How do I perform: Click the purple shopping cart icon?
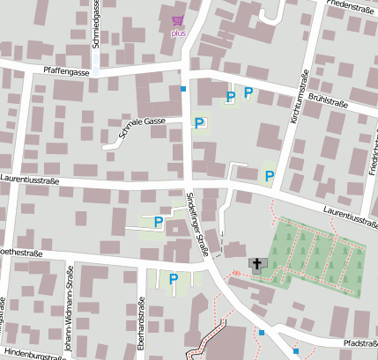[179, 20]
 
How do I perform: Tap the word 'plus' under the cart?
[179, 33]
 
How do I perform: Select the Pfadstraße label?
[359, 342]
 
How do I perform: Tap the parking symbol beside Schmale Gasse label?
[199, 124]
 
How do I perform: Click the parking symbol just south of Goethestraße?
[174, 279]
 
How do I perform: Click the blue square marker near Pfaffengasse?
[183, 89]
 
